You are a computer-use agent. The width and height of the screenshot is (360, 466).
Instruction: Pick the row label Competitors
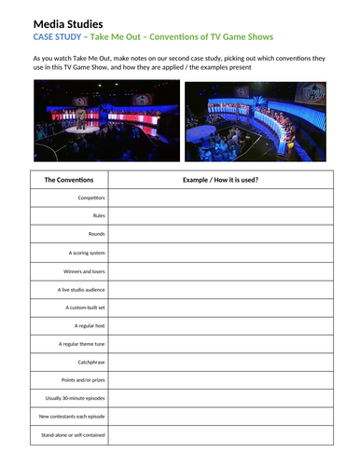click(91, 198)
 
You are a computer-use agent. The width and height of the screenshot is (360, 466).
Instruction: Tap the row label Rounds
click(94, 234)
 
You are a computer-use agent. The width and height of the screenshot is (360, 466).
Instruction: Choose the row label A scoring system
click(87, 253)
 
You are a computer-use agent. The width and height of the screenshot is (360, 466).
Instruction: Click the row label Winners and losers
click(83, 270)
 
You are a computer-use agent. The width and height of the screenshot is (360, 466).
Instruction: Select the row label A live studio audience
click(82, 289)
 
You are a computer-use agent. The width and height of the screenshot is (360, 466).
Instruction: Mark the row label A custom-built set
click(85, 307)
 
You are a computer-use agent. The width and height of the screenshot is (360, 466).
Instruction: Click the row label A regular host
click(90, 325)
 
